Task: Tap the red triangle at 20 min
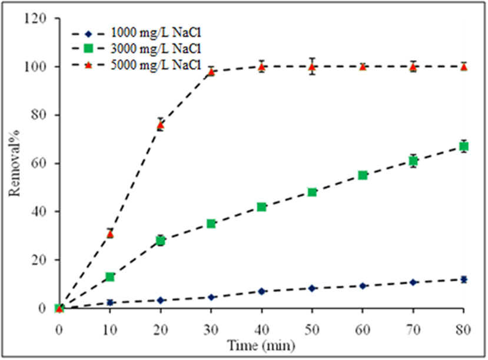tap(160, 125)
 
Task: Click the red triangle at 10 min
tap(109, 234)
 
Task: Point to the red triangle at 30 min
tap(211, 71)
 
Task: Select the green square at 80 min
tap(464, 146)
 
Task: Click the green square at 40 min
tap(261, 206)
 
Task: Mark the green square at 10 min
tap(109, 276)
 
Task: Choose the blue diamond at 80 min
tap(464, 279)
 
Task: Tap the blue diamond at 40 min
tap(261, 291)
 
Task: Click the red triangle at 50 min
tap(312, 66)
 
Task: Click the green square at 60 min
tap(363, 175)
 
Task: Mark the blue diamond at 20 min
tap(160, 300)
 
